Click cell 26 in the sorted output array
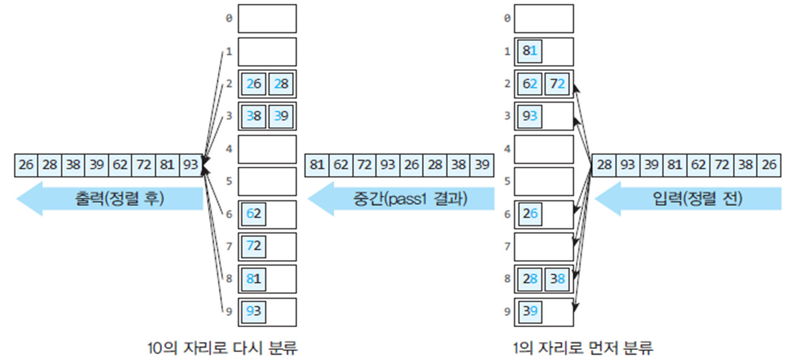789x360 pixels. [26, 165]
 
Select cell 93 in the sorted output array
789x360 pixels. [190, 165]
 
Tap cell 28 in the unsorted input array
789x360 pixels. [605, 165]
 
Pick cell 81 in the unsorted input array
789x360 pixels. [675, 165]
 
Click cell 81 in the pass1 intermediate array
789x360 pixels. [317, 165]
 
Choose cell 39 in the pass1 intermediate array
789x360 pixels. [481, 165]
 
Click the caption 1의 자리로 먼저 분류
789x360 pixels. [583, 348]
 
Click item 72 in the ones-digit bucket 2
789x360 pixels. [557, 84]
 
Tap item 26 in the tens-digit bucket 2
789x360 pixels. [253, 84]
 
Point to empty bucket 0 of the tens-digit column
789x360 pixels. [267, 18]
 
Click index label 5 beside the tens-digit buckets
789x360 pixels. [228, 182]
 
